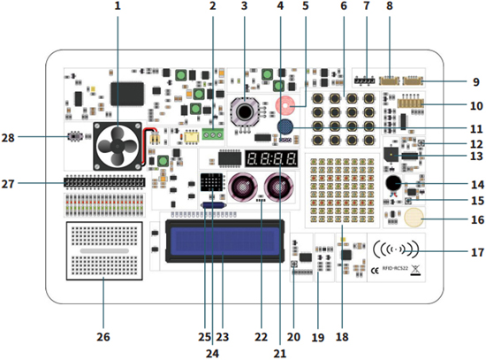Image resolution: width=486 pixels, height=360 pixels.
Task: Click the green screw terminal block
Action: (211, 134)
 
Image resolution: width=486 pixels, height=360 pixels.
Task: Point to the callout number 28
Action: (9, 138)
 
